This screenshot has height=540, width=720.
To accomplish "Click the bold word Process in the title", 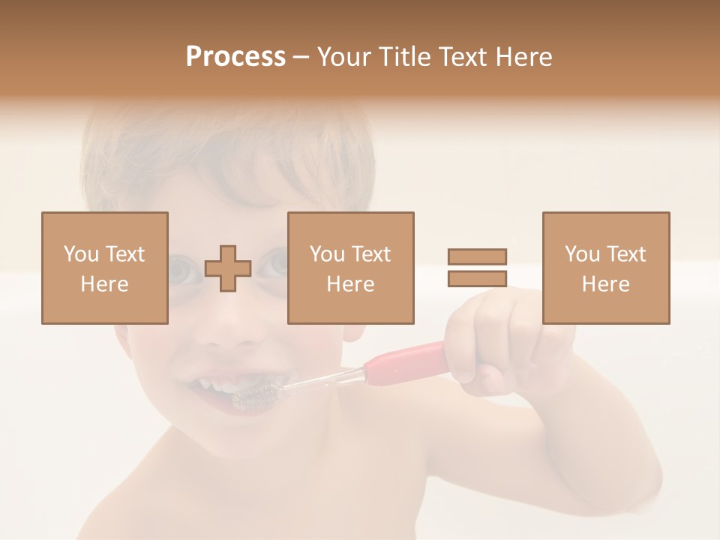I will coord(235,56).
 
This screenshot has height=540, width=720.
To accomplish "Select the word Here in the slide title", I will coord(523,56).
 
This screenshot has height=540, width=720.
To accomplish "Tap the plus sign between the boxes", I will coord(228,268).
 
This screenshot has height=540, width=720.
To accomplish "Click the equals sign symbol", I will coord(477,268).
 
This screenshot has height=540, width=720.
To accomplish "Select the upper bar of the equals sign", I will coord(477,257).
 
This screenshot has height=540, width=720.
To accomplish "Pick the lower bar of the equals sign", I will coord(477,278).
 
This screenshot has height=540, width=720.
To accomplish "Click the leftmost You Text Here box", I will coord(105,268).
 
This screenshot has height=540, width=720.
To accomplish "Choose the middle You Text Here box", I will coord(350,268).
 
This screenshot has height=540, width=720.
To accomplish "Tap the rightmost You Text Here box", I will coord(606,268).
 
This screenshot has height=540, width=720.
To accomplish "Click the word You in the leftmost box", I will coord(80,254).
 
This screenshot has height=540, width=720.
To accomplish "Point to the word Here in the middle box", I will coord(350,284).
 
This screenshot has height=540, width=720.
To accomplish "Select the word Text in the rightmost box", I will coord(625,254).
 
